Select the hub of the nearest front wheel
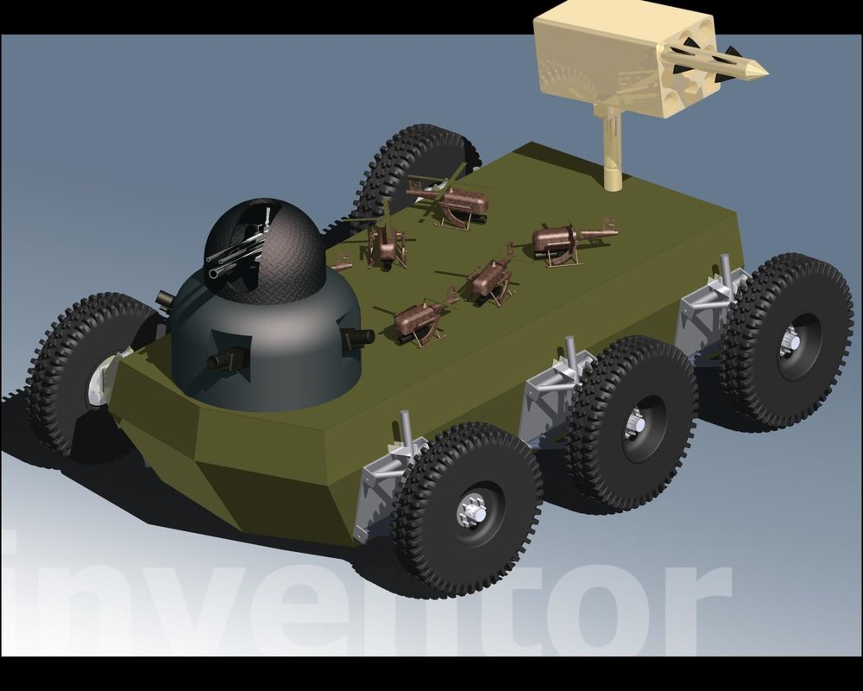click(x=472, y=510)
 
